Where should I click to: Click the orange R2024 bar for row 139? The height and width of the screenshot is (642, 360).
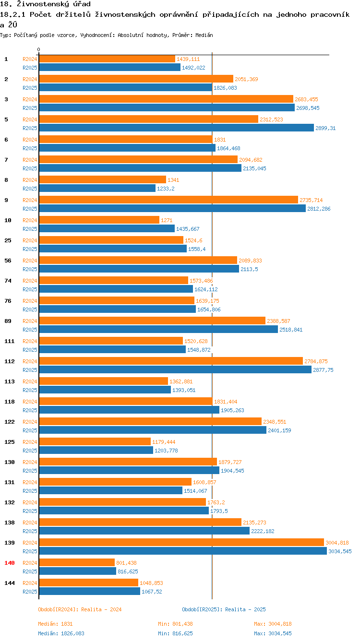point(181,542)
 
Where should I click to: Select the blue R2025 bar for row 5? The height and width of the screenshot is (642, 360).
point(177,128)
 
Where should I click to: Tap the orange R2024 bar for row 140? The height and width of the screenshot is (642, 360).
point(77,562)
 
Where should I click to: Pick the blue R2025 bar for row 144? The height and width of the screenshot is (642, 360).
point(89,591)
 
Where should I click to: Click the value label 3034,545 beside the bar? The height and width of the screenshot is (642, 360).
point(340,551)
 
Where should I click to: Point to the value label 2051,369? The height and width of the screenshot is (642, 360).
point(246,79)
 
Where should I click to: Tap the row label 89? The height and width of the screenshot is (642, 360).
point(8,321)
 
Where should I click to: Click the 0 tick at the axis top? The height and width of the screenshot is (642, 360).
point(38,49)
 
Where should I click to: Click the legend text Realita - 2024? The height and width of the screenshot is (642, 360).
point(101,609)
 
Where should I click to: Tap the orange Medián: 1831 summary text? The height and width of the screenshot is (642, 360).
point(55,624)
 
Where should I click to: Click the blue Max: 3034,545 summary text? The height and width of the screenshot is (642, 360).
point(273,633)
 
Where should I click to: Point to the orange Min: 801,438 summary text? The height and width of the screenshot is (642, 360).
point(175,624)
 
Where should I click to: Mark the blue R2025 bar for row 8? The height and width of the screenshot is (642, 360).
point(97,188)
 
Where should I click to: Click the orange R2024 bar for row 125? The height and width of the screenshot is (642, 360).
point(95,441)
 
